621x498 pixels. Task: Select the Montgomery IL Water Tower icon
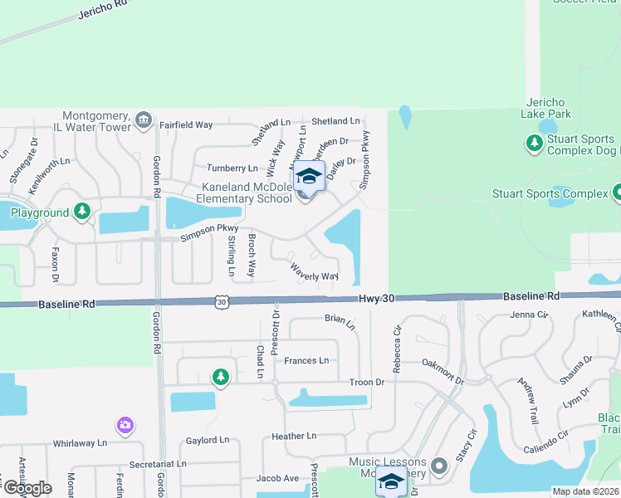144,120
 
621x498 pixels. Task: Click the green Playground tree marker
81,212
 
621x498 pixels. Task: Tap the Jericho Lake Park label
547,107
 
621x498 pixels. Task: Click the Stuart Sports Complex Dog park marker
534,144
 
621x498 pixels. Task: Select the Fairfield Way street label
186,124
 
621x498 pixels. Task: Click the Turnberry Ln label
232,168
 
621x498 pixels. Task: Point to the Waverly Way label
314,272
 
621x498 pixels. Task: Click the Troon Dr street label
368,382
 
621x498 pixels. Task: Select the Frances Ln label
306,360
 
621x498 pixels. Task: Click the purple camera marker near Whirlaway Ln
125,425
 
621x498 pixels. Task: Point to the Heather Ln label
294,436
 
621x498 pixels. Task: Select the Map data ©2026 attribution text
585,491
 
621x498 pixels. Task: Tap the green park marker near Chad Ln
220,378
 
